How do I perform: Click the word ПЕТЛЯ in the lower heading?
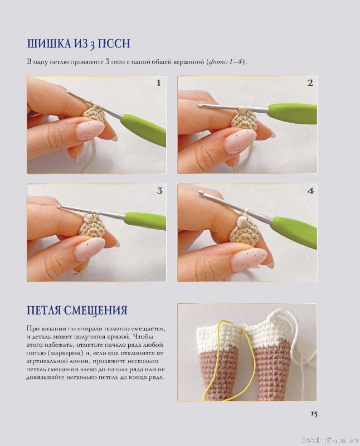pos(44,310)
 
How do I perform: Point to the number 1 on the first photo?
pos(159,83)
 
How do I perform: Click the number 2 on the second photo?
pos(310,83)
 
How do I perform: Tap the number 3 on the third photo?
pos(159,191)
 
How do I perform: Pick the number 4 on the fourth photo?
pos(310,191)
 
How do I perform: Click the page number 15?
pos(314,414)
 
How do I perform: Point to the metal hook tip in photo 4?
pos(202,193)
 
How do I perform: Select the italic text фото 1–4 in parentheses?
pos(226,62)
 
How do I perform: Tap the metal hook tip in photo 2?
pos(201,106)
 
